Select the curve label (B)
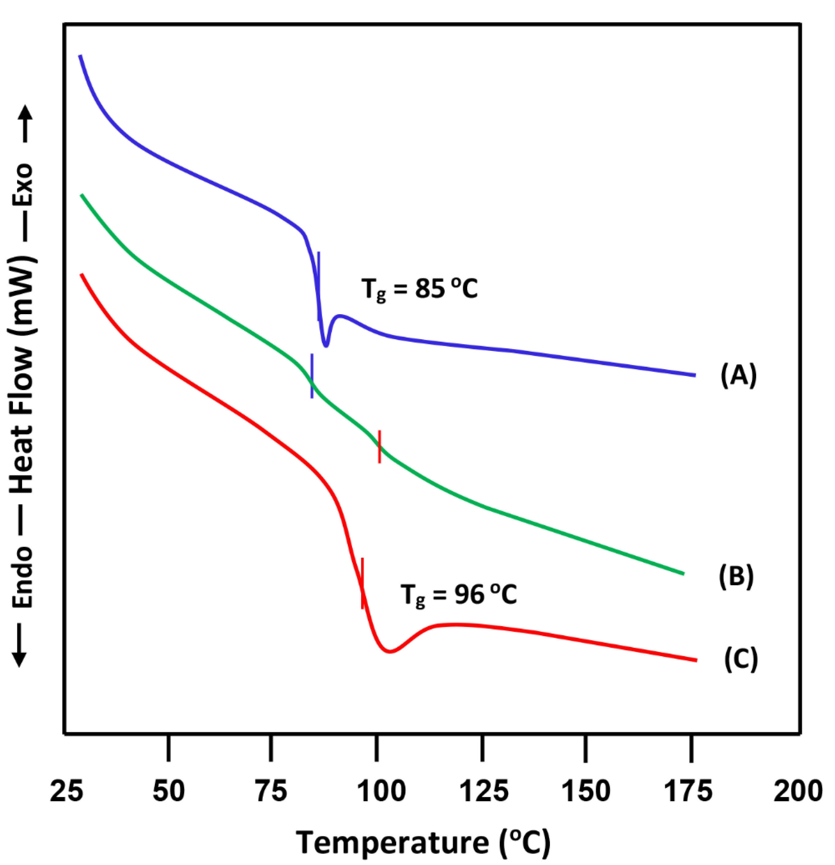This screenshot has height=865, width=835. [736, 576]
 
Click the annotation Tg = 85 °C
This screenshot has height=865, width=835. [419, 290]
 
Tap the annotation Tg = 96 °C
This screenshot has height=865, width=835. [458, 595]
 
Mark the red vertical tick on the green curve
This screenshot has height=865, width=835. [379, 446]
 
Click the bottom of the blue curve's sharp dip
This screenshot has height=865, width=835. [326, 346]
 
